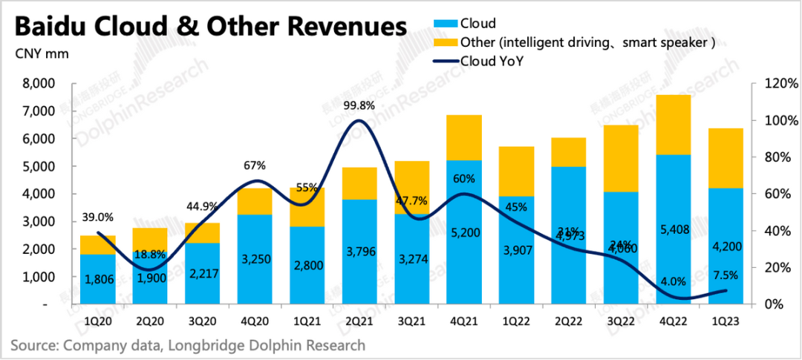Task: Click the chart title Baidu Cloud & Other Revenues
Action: [x=211, y=26]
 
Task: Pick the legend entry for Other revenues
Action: [x=587, y=42]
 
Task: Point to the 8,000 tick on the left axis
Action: [x=32, y=84]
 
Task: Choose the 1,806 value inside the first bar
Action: [x=97, y=281]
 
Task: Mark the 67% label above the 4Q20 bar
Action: [x=255, y=165]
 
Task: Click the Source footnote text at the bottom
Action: [x=188, y=345]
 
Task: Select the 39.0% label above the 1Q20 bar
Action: [x=97, y=217]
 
